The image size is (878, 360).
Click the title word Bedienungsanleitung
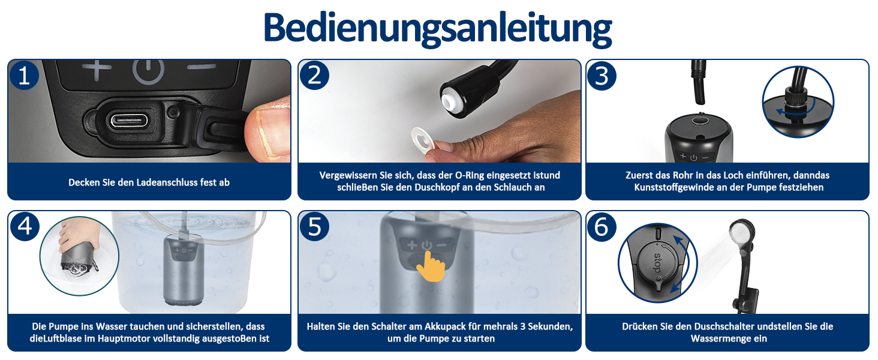(x=437, y=28)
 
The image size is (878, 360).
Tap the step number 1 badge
(x=24, y=75)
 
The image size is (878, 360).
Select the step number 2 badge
(x=314, y=75)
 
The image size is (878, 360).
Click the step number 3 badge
(x=602, y=76)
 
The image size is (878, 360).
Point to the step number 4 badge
(x=25, y=226)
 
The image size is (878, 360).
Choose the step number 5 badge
(x=314, y=227)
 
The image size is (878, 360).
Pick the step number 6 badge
(x=602, y=227)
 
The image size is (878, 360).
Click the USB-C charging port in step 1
(x=129, y=121)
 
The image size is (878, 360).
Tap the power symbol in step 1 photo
(x=148, y=72)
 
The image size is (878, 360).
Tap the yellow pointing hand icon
(x=431, y=266)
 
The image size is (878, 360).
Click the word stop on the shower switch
(x=657, y=263)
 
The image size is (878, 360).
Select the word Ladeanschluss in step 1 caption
(x=167, y=182)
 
